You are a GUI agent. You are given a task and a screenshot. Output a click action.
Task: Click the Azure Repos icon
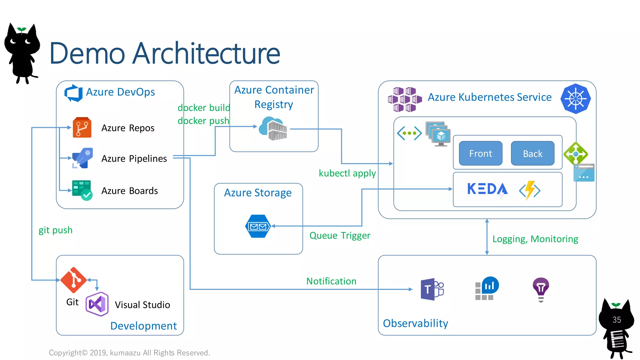82,127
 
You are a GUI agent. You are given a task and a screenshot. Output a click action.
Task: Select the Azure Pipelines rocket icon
82,158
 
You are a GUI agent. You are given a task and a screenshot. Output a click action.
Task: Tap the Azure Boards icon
82,190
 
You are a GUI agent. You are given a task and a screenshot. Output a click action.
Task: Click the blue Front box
480,153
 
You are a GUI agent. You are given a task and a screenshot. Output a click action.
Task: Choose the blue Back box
532,153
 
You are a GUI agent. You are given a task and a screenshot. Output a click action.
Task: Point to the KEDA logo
487,189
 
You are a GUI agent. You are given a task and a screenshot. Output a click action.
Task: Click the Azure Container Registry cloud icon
273,128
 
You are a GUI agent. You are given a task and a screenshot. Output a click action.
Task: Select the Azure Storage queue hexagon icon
257,226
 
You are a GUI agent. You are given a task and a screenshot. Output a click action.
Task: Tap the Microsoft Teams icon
432,289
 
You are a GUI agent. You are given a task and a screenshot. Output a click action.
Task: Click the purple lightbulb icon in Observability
541,289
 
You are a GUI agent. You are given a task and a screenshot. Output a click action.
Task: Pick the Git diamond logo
73,280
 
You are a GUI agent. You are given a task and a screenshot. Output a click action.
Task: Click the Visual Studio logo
97,304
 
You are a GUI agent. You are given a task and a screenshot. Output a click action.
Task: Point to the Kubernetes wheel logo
575,99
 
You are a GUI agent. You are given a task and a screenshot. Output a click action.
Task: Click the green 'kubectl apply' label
347,173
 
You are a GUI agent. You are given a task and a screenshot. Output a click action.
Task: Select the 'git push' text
55,230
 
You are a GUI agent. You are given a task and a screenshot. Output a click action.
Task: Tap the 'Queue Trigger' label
340,236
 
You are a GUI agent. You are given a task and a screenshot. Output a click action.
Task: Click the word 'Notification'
331,281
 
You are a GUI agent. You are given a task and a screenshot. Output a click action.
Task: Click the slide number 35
617,320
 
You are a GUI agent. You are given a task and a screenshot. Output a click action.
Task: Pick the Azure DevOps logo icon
73,93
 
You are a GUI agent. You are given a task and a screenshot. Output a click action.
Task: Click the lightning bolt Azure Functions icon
530,190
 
